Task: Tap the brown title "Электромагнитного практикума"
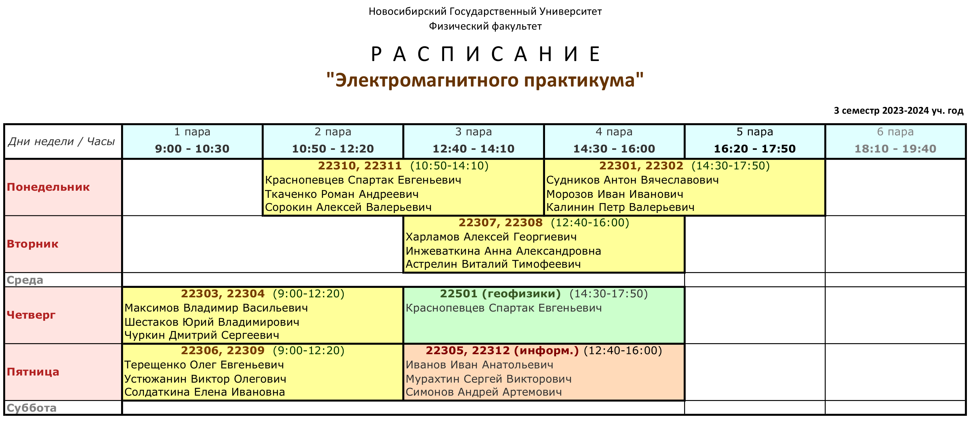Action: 485,80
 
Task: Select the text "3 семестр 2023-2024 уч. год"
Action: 899,111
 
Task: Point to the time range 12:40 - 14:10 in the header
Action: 473,149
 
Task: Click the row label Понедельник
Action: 48,187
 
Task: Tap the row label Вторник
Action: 33,244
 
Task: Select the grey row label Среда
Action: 25,280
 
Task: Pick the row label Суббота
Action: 31,408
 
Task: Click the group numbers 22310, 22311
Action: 360,166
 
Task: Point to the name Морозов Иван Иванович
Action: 615,194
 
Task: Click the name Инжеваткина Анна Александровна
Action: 503,251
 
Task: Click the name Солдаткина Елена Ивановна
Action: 205,392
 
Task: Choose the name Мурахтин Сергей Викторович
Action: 488,379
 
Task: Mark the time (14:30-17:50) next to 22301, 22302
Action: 731,166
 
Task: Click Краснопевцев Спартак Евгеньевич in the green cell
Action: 504,308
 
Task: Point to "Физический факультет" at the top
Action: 485,26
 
